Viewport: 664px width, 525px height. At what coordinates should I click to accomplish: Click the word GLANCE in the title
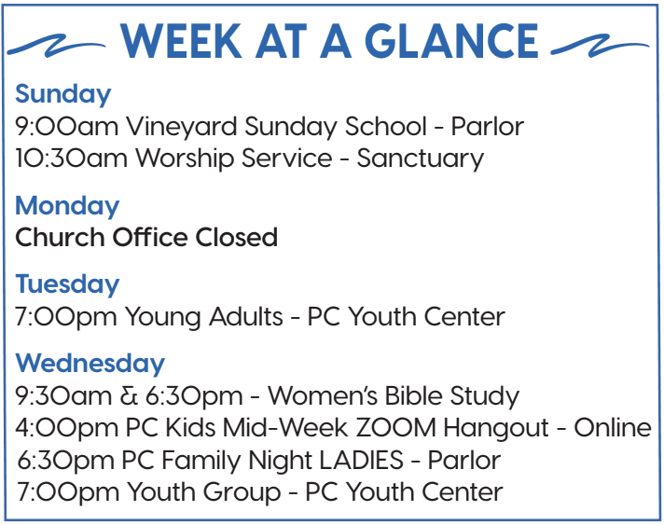451,41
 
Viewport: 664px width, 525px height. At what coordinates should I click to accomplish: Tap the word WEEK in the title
182,41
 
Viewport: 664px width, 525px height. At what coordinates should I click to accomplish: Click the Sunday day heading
63,95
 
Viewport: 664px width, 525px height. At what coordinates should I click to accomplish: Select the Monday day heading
67,206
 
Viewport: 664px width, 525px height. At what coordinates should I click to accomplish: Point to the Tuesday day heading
67,284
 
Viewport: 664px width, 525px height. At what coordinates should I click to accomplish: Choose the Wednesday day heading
90,364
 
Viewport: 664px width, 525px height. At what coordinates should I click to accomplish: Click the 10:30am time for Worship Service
71,159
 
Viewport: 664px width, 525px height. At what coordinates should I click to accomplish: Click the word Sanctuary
420,159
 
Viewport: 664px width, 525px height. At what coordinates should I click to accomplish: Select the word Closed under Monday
236,237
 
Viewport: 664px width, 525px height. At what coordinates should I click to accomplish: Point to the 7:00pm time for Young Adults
65,318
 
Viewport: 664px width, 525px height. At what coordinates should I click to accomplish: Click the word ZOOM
395,428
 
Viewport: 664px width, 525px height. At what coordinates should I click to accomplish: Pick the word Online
613,428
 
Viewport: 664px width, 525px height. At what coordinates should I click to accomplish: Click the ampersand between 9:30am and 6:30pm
129,396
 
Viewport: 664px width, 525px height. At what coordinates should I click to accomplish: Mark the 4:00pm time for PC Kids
66,428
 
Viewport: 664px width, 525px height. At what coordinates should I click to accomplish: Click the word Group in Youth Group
242,492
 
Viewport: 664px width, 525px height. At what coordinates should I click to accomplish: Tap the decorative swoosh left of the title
56,45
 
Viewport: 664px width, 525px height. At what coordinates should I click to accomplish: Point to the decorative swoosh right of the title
600,45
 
